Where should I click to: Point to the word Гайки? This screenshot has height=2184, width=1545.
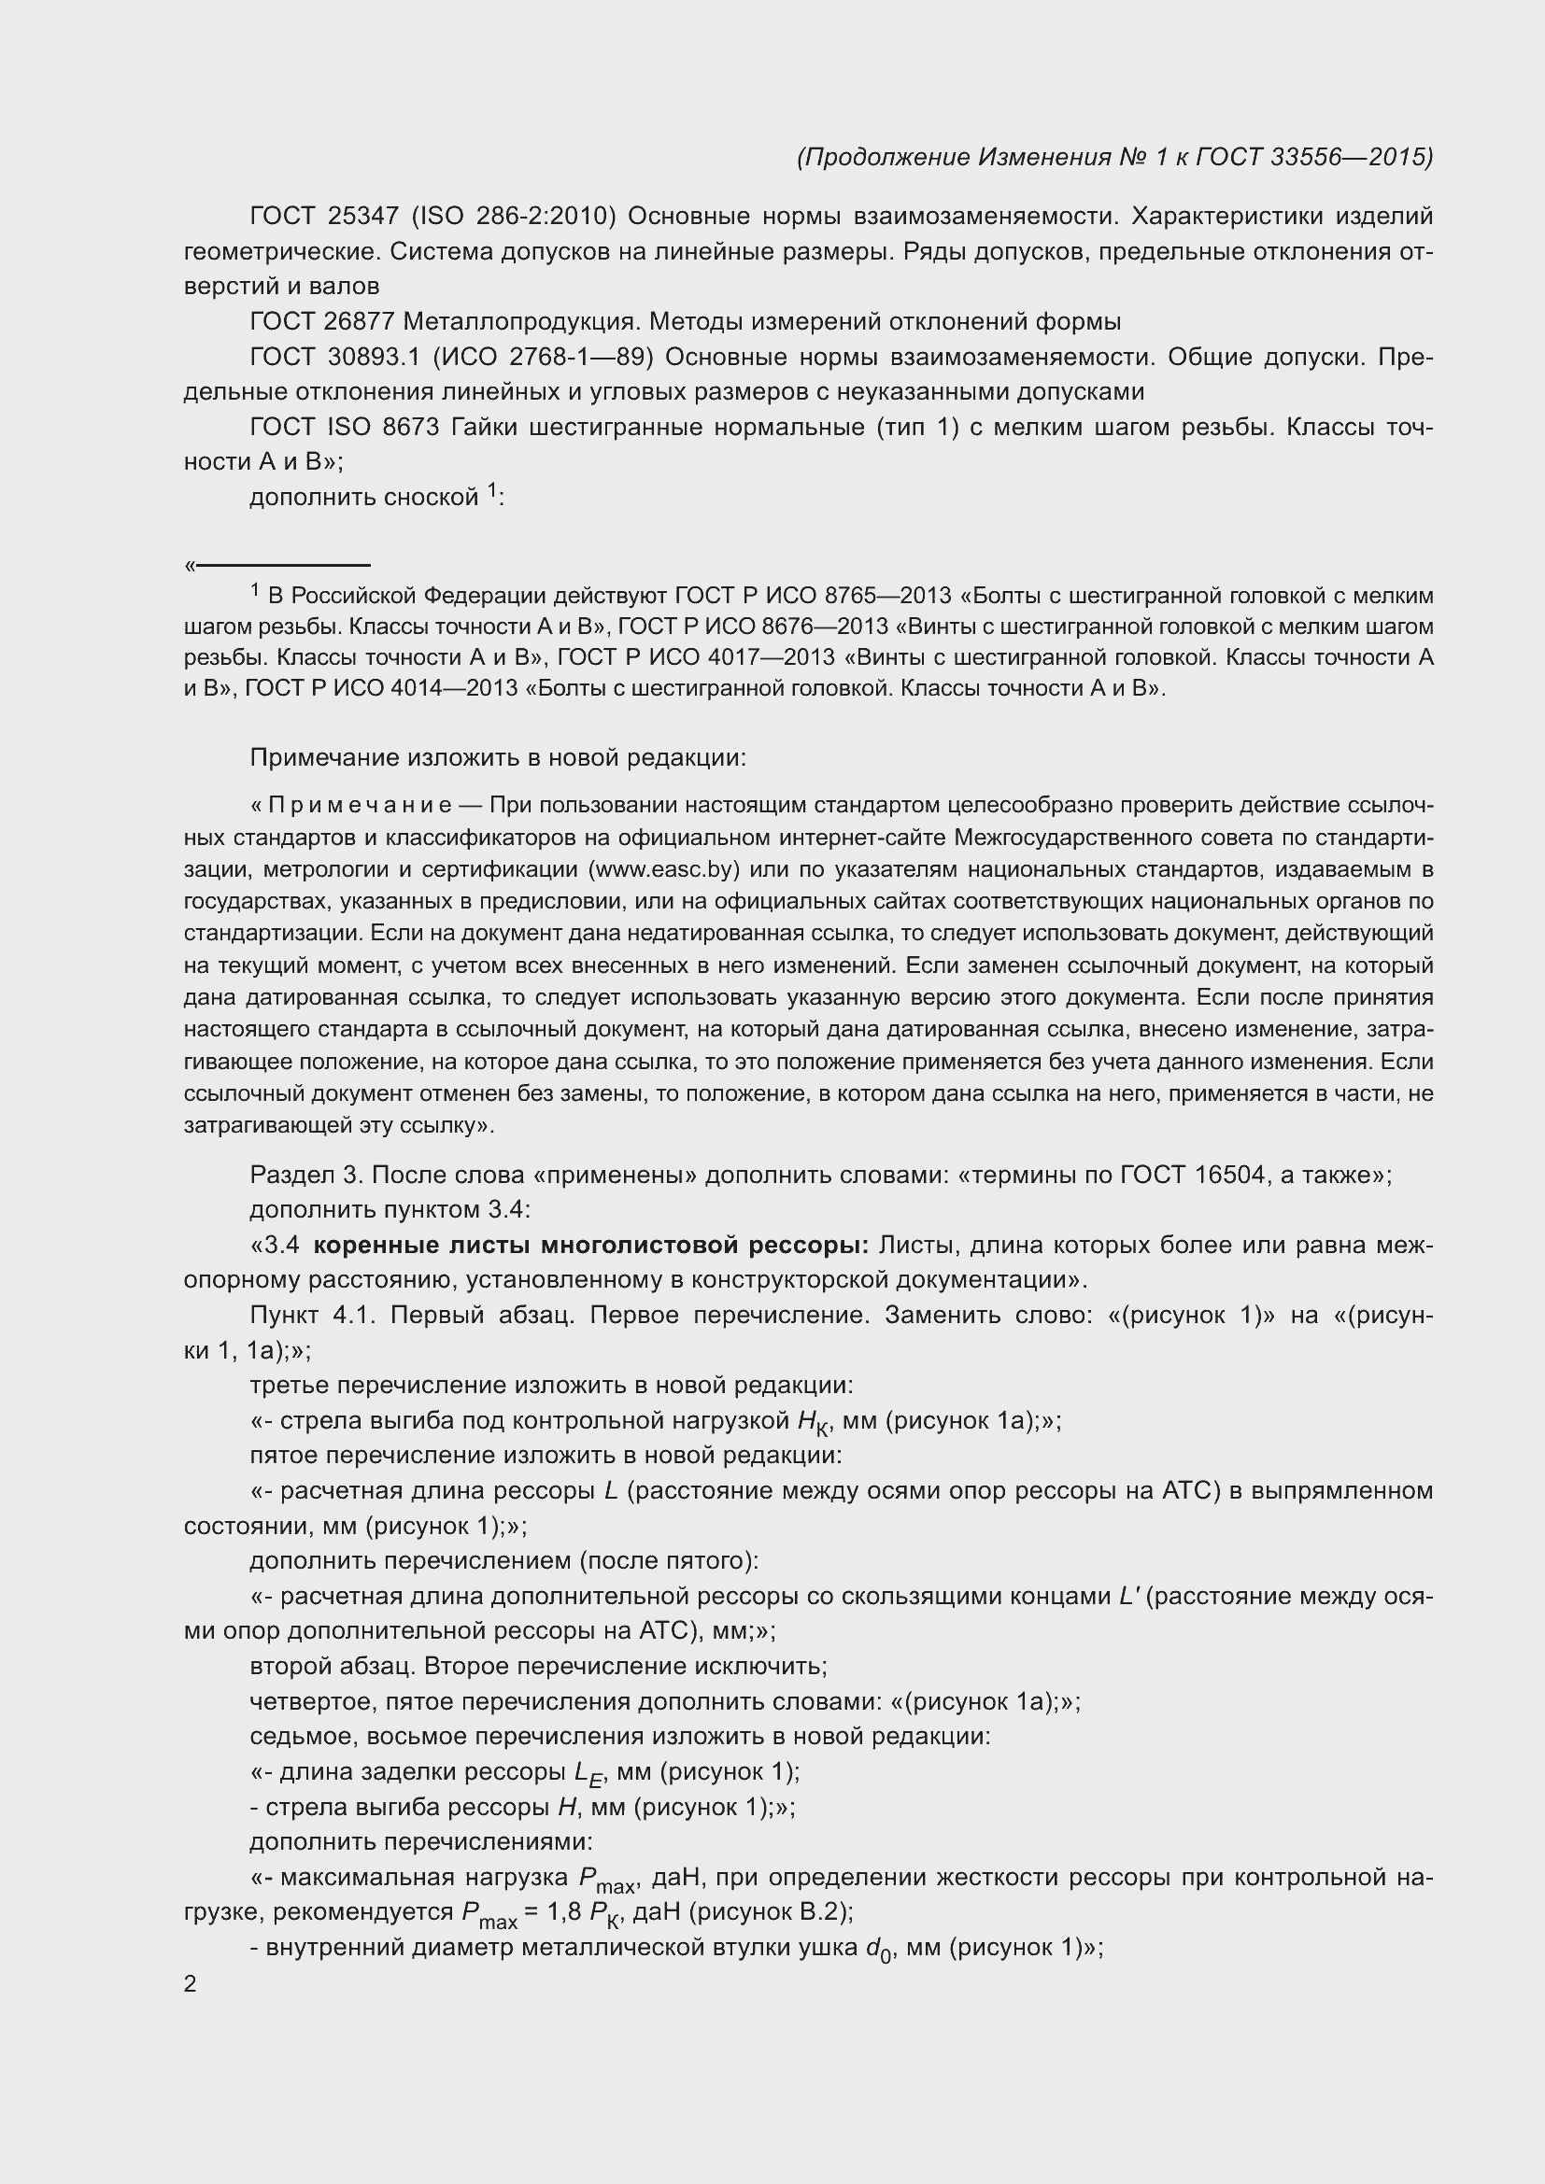point(484,427)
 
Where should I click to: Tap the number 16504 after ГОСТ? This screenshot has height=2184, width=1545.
point(1226,1175)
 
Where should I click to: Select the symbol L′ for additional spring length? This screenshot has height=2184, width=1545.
point(1129,1596)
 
